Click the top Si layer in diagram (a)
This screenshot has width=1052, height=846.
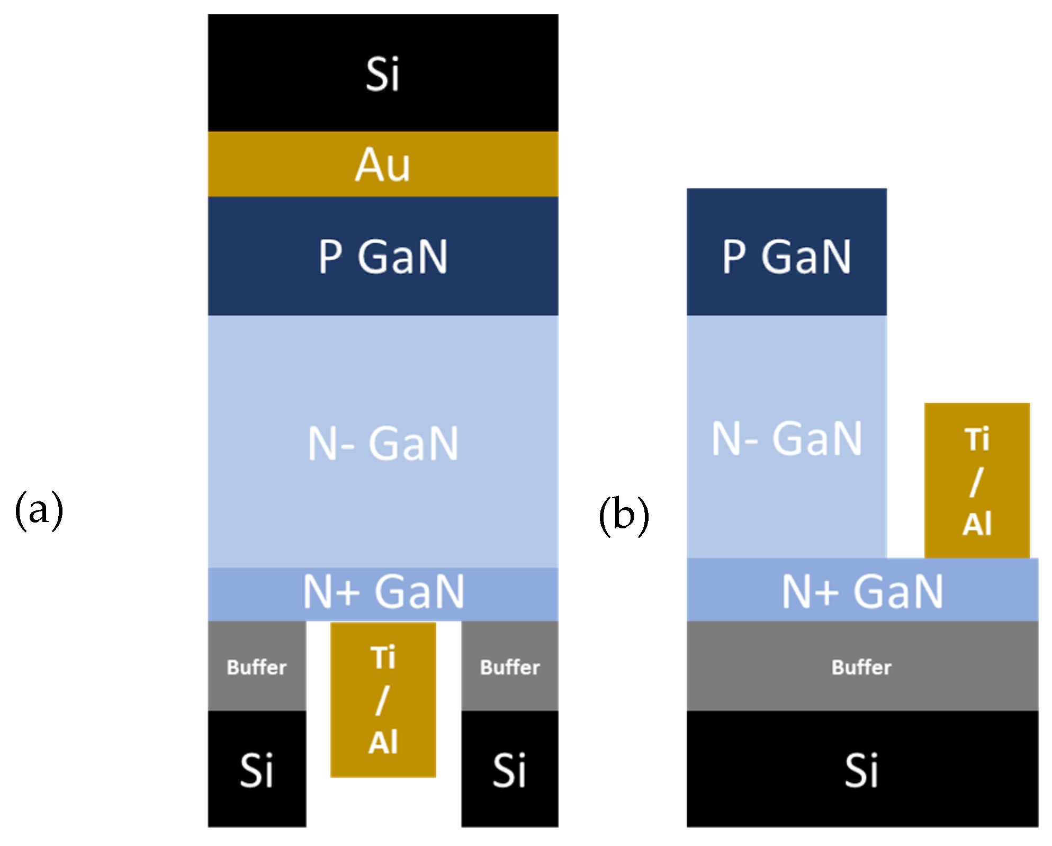382,74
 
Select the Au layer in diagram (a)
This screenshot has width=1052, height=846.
382,165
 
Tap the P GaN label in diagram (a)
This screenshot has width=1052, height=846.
382,257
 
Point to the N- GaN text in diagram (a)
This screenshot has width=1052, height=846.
382,444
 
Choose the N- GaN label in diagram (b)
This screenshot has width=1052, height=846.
786,438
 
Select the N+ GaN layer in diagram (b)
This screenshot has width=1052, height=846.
862,591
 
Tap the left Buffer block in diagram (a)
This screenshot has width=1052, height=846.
257,667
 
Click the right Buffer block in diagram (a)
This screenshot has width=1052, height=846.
509,667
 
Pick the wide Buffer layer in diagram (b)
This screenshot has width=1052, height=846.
862,667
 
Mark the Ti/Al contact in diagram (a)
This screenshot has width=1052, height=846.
383,699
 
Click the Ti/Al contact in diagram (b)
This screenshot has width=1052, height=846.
976,481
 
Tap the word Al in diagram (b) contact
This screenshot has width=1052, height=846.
976,524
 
